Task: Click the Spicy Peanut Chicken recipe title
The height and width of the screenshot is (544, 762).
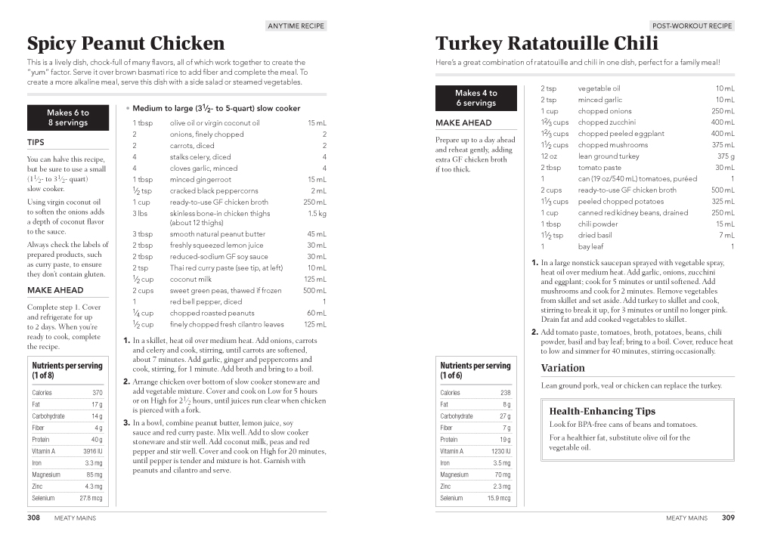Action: (x=125, y=43)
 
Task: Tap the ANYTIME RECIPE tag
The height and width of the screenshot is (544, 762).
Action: (x=296, y=26)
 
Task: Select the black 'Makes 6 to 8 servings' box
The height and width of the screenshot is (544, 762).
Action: (x=68, y=118)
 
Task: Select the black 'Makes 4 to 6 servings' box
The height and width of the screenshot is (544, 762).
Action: (x=476, y=98)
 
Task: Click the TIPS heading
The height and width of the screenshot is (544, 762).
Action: (x=36, y=142)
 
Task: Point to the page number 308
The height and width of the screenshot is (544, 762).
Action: (x=33, y=518)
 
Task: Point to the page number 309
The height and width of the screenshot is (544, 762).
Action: (x=727, y=518)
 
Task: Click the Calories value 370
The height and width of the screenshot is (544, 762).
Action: (x=98, y=393)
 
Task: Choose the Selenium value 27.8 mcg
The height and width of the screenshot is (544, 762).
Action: (x=91, y=499)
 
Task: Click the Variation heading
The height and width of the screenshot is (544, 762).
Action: (x=562, y=368)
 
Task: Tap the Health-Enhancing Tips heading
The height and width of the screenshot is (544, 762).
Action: (x=602, y=412)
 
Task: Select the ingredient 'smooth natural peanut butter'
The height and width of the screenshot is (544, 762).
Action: (x=218, y=234)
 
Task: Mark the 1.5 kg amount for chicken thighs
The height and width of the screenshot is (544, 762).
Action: (x=317, y=214)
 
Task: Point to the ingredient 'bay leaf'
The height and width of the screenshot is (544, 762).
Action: (x=590, y=247)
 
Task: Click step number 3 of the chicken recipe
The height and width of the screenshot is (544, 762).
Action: (x=127, y=423)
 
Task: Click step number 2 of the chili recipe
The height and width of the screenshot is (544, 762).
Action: (x=534, y=332)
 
